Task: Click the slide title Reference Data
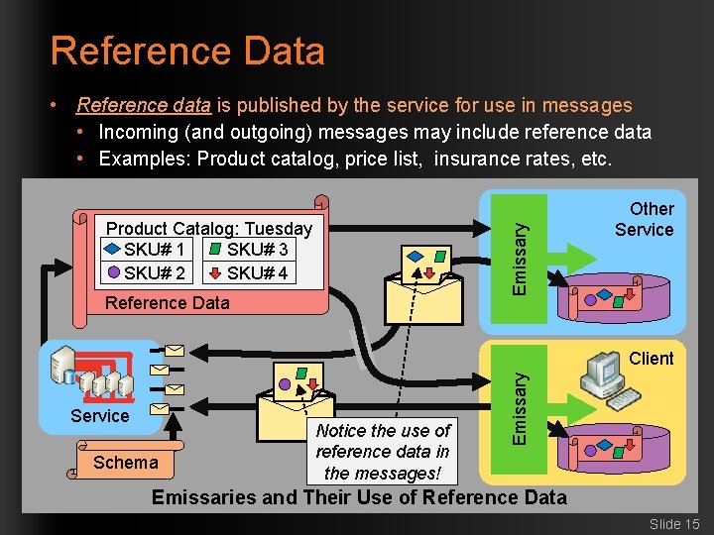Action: click(x=187, y=51)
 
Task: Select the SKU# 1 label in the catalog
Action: click(x=154, y=250)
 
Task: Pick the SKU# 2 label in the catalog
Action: click(x=154, y=272)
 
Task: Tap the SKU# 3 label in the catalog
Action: click(x=257, y=250)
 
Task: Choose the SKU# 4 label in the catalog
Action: click(x=257, y=272)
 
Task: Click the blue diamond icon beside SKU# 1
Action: click(x=113, y=250)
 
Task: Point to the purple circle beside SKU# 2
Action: click(x=113, y=272)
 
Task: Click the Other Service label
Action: click(x=644, y=219)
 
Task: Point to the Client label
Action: click(x=652, y=359)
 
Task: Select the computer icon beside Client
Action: click(x=604, y=381)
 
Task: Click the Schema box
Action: click(x=125, y=463)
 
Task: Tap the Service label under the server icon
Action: click(x=99, y=416)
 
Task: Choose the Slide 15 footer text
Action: click(x=674, y=523)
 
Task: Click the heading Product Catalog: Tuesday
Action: click(x=208, y=229)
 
